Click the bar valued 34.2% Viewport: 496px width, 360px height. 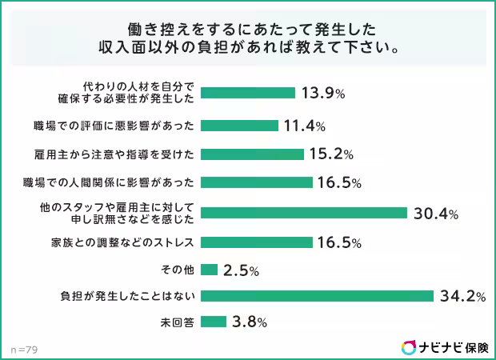click(317, 296)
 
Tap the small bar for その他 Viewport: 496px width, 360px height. click(210, 270)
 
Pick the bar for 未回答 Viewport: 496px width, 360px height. click(214, 322)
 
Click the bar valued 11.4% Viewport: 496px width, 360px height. click(239, 126)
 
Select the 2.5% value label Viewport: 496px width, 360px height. click(241, 270)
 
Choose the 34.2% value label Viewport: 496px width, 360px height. click(462, 297)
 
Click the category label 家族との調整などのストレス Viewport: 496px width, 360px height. click(128, 242)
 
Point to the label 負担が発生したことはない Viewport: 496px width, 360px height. click(128, 297)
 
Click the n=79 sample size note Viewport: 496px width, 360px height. click(24, 349)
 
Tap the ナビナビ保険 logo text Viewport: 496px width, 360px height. click(454, 346)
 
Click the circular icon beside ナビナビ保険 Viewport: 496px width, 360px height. click(409, 346)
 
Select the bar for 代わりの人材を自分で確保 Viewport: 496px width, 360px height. click(247, 93)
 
